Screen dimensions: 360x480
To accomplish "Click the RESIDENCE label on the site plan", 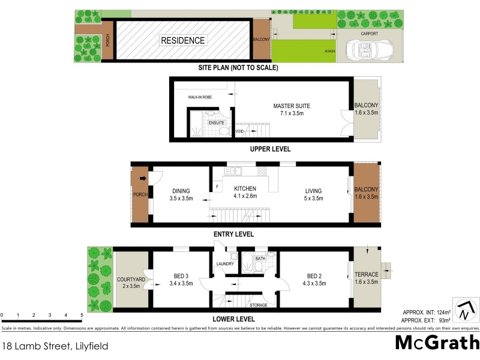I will [182, 41].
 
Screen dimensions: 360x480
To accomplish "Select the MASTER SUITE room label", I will [292, 106].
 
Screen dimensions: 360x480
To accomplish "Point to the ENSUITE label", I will [216, 123].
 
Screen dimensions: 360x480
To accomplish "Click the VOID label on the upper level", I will [239, 131].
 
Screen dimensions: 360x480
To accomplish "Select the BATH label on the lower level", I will [259, 259].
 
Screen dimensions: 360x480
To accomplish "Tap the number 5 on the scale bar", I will [82, 314].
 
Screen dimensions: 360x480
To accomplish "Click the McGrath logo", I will [437, 343].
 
